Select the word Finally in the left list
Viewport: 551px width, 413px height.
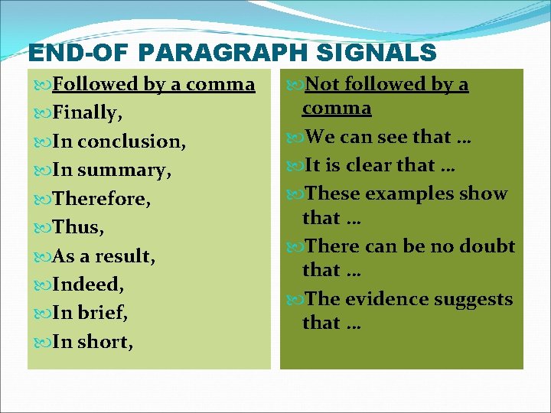coord(86,113)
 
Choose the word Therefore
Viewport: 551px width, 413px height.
coord(100,199)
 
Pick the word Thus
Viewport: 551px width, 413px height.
coord(77,227)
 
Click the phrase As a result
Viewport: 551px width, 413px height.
coord(103,255)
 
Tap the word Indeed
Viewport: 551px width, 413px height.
coord(87,285)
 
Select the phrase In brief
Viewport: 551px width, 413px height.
coord(89,313)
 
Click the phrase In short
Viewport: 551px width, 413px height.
coord(91,341)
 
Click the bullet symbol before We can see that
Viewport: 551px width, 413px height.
coord(295,138)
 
